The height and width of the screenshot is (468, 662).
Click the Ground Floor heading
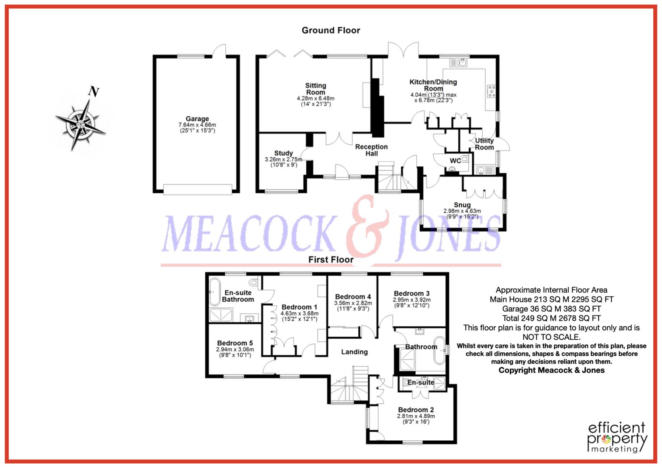pyautogui.click(x=331, y=30)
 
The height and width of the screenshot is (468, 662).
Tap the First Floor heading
pyautogui.click(x=331, y=260)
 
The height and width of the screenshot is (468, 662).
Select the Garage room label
pyautogui.click(x=197, y=119)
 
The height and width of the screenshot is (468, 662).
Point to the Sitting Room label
pyautogui.click(x=315, y=89)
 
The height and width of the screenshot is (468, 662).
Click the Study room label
pyautogui.click(x=283, y=153)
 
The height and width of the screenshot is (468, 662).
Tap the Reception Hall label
pyautogui.click(x=371, y=150)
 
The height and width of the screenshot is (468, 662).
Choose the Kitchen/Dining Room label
pyautogui.click(x=433, y=85)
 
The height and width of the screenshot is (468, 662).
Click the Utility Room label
pyautogui.click(x=484, y=144)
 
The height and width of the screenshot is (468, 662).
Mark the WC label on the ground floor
pyautogui.click(x=455, y=161)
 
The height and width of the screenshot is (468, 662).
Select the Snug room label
pyautogui.click(x=462, y=205)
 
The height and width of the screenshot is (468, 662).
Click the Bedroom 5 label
pyautogui.click(x=235, y=343)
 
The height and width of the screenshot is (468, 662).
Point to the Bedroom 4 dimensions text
pyautogui.click(x=353, y=306)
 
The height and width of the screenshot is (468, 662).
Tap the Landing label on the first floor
pyautogui.click(x=354, y=352)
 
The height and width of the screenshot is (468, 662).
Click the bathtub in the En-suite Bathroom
pyautogui.click(x=214, y=292)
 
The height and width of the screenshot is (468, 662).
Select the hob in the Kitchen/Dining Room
pyautogui.click(x=491, y=91)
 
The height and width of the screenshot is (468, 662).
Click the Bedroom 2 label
pyautogui.click(x=416, y=410)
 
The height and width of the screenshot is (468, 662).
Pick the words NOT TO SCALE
pyautogui.click(x=551, y=337)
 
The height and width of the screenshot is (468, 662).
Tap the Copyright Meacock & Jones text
pyautogui.click(x=551, y=370)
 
